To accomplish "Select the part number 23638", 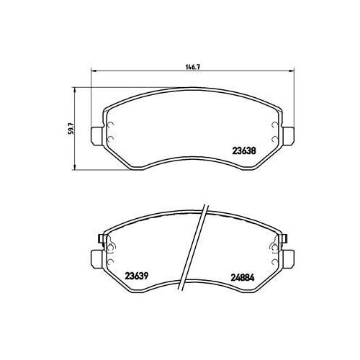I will [x=243, y=151].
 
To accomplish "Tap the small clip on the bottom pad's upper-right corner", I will [x=284, y=239].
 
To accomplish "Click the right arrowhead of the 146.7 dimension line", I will [x=292, y=71].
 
